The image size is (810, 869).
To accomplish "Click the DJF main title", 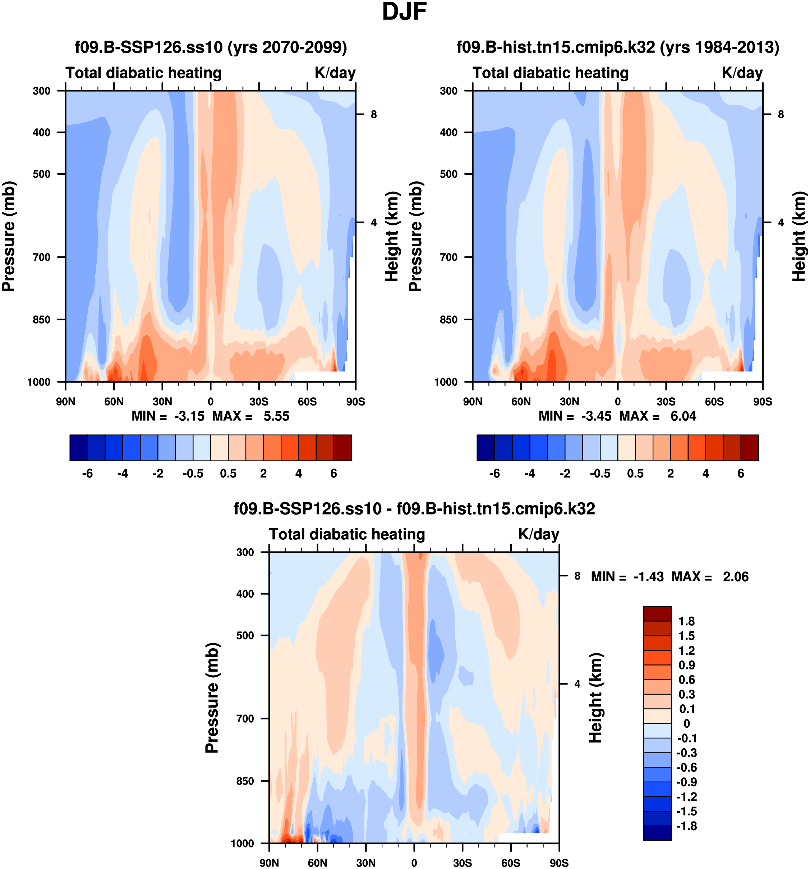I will pos(404,12).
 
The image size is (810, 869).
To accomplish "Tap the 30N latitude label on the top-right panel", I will pos(569,402).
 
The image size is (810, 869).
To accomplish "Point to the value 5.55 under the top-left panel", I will pos(276,416).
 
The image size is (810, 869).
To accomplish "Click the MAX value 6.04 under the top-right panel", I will pos(683,416).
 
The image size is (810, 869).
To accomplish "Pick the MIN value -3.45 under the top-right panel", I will pos(596,416).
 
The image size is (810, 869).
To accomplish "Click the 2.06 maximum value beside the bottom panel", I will pos(736,577).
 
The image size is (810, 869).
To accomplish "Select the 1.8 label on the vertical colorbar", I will pos(686,622).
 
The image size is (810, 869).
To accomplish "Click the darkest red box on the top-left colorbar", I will pos(342,448).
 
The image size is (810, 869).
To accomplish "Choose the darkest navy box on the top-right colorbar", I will pos(485,448).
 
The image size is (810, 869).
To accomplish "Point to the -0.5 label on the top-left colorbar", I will pos(193,474).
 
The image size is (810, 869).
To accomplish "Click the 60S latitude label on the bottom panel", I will pos(511,863).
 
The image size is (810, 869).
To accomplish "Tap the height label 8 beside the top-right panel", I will pos(781,115).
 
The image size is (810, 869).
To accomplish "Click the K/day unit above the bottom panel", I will pos(538,535).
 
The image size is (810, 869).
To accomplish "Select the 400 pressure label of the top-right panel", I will pos(449,132).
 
